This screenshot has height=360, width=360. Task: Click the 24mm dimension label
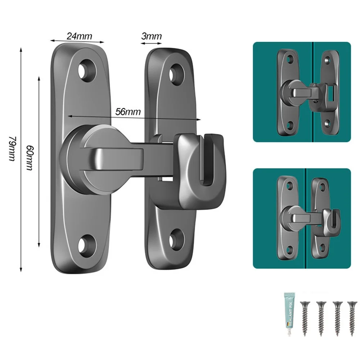coord(80,36)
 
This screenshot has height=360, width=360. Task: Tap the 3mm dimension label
coord(152,36)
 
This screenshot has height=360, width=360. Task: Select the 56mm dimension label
coord(128,112)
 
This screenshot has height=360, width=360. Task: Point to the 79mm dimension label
coord(12,149)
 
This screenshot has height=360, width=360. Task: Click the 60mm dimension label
coord(30,158)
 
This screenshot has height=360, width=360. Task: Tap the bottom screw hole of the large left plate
coord(87,246)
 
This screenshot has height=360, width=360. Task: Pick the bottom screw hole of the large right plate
coord(176,239)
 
